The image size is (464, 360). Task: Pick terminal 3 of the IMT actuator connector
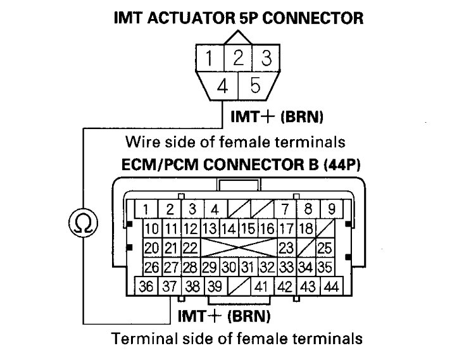point(266,59)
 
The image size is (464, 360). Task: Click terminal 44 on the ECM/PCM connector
point(329,286)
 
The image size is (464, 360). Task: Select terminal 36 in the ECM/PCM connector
point(147,286)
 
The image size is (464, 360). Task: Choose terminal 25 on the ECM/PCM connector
point(325,247)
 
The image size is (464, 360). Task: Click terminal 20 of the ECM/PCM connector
point(153,247)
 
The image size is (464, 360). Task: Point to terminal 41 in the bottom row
point(261,286)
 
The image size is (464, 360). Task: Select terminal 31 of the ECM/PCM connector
point(249,266)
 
